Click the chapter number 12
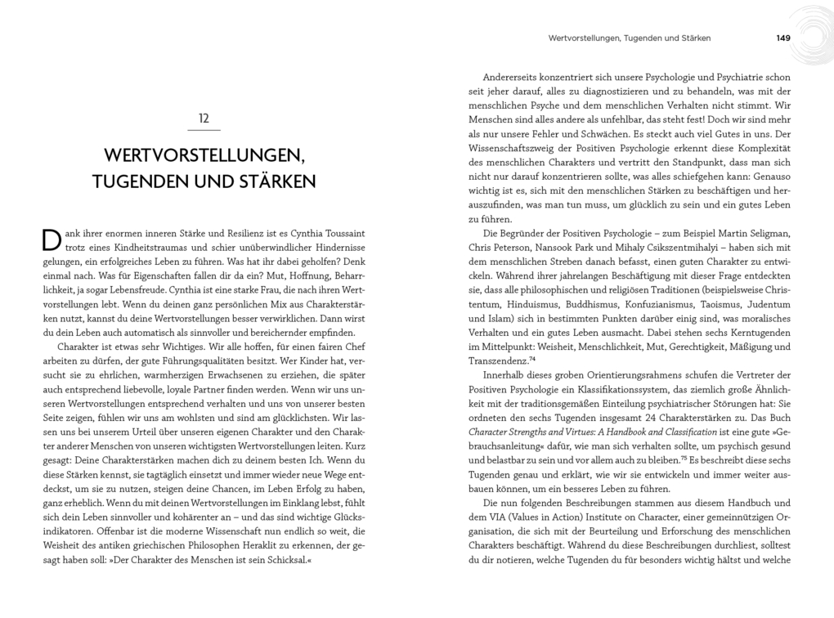click(204, 118)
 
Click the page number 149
click(783, 38)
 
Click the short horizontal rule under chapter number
click(204, 129)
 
